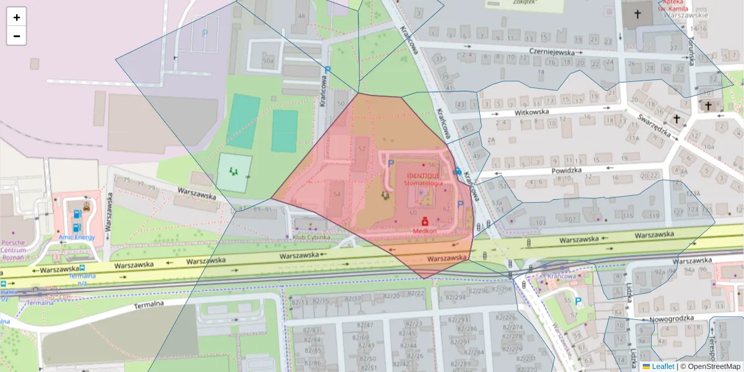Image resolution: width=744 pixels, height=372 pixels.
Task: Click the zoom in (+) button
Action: (17, 17)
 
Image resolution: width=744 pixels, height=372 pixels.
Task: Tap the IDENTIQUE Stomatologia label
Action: (423, 180)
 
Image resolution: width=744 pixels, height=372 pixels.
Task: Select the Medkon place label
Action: (425, 231)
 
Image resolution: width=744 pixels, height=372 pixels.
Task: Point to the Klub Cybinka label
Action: (311, 237)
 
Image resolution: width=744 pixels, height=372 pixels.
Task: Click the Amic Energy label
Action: (77, 237)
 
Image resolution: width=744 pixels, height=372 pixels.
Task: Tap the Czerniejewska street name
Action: (552, 53)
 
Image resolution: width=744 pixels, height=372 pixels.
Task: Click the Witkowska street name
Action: (532, 112)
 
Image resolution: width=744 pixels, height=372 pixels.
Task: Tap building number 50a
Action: (268, 61)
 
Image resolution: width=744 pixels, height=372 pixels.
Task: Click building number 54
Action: (337, 194)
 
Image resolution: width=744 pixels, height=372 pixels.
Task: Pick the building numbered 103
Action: (541, 223)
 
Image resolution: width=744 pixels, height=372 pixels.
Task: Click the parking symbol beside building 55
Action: (578, 301)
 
